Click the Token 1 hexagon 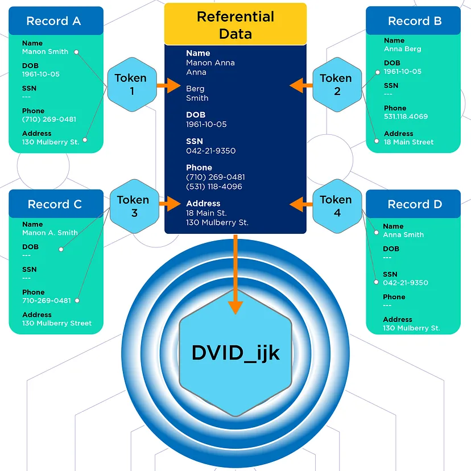click(x=131, y=84)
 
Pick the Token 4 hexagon click(x=336, y=205)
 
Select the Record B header click(x=414, y=21)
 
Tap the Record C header click(x=55, y=204)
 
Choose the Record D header click(x=414, y=204)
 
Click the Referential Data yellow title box click(x=235, y=24)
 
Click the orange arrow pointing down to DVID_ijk click(x=235, y=273)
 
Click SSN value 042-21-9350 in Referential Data click(x=210, y=151)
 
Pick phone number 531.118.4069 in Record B click(x=406, y=117)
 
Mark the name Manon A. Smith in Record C click(x=50, y=233)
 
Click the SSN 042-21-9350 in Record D click(x=406, y=283)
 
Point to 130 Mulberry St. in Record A click(x=51, y=142)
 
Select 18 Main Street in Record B click(x=408, y=142)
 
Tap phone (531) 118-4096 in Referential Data click(x=214, y=187)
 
